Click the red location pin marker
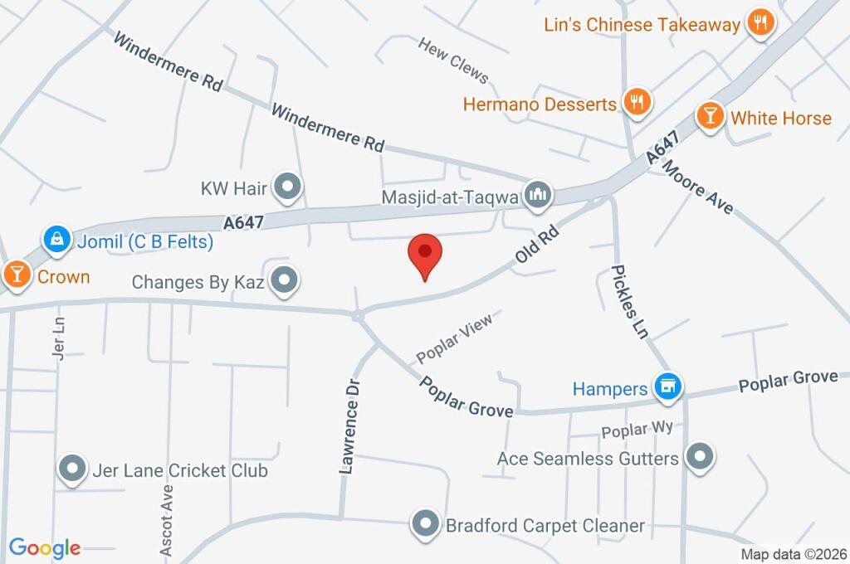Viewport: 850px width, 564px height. (x=425, y=253)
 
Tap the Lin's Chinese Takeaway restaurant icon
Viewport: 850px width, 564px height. (x=760, y=23)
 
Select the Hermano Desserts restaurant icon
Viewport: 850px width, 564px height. (x=637, y=102)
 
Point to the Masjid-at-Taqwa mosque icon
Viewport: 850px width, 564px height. (x=540, y=195)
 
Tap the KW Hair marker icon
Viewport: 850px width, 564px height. (x=287, y=187)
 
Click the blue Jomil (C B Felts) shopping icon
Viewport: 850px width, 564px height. (x=56, y=241)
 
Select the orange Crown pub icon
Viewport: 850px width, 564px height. (x=16, y=274)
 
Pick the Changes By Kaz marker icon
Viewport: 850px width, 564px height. (x=285, y=280)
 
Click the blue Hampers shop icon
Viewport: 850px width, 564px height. (x=667, y=386)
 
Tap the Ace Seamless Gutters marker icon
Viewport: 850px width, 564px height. (x=701, y=456)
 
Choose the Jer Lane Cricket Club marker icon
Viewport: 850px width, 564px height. (x=72, y=469)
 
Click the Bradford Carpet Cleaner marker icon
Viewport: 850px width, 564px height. (x=426, y=523)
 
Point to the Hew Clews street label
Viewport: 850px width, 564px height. (x=453, y=60)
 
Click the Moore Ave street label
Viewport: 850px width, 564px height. (x=699, y=187)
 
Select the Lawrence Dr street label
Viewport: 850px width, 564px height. (x=351, y=426)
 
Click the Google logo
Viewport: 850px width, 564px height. (x=45, y=547)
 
